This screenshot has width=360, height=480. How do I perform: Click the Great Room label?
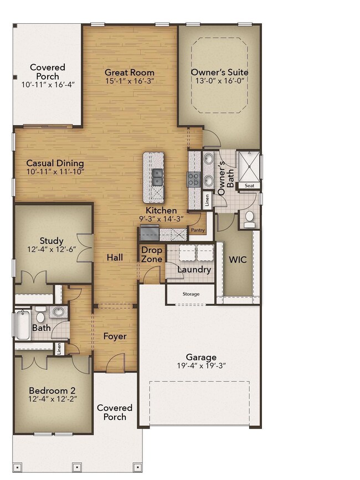tap(130, 73)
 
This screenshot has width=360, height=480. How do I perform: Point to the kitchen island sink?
tap(157, 177)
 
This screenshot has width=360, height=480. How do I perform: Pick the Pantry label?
tap(198, 229)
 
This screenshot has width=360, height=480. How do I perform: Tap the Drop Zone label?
tap(152, 255)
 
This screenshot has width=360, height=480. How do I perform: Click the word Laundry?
tap(194, 270)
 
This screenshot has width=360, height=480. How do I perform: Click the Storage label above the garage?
tap(191, 294)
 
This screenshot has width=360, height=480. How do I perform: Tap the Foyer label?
tap(115, 336)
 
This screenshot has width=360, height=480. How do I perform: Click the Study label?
tap(52, 241)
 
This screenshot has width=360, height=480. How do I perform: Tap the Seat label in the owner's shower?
tap(250, 186)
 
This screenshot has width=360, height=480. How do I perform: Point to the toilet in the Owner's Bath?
tap(250, 217)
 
